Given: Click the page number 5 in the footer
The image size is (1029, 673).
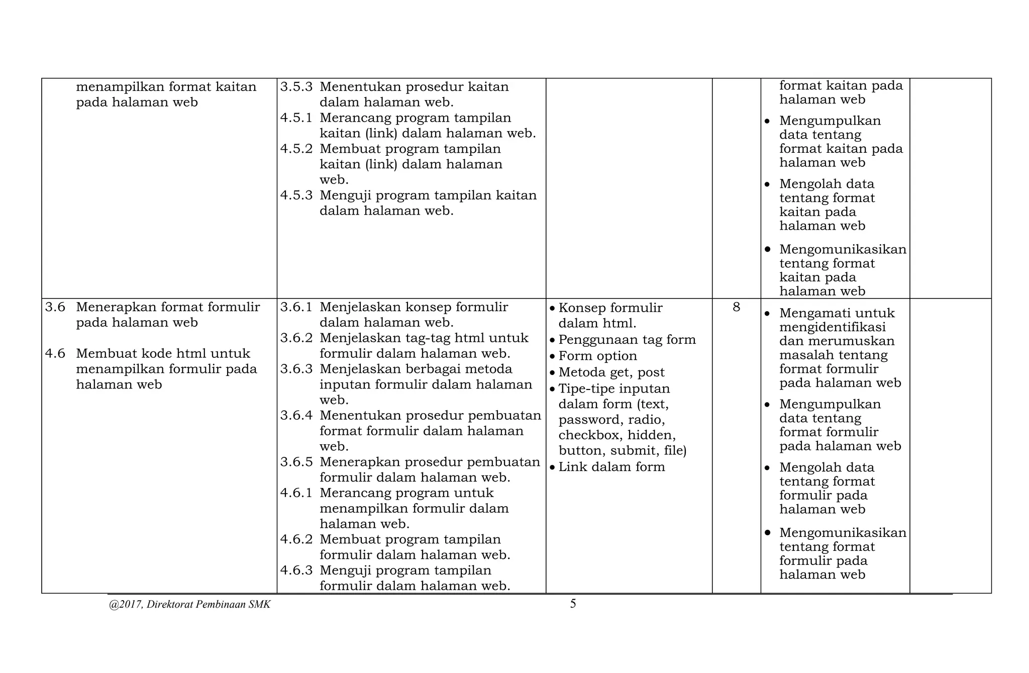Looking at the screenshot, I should tap(573, 604).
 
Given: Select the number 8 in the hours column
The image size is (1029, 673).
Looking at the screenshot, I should tap(736, 307).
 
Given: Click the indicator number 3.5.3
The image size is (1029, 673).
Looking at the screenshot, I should tap(296, 87).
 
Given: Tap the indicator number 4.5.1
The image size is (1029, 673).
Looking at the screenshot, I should tap(296, 118).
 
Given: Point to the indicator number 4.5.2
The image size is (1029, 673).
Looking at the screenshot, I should tap(296, 149).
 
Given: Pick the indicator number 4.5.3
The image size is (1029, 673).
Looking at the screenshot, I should tap(296, 195).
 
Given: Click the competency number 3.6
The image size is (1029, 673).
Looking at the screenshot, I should tap(55, 307).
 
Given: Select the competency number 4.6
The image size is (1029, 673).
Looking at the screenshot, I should tap(55, 353).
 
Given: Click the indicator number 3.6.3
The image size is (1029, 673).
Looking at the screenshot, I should tap(296, 369).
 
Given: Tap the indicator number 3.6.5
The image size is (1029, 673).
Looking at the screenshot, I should tap(296, 462).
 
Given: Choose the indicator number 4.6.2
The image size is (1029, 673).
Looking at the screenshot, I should tap(296, 539).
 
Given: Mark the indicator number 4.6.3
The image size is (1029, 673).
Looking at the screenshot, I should tap(296, 570).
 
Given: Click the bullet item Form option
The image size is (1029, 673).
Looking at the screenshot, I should tap(597, 356).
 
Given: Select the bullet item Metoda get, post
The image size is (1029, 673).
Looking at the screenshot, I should tap(611, 372).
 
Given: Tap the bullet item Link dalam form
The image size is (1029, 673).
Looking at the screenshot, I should tap(611, 467).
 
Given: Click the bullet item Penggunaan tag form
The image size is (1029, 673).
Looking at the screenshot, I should tap(627, 340).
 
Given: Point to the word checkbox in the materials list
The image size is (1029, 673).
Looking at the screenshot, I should tap(588, 435).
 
